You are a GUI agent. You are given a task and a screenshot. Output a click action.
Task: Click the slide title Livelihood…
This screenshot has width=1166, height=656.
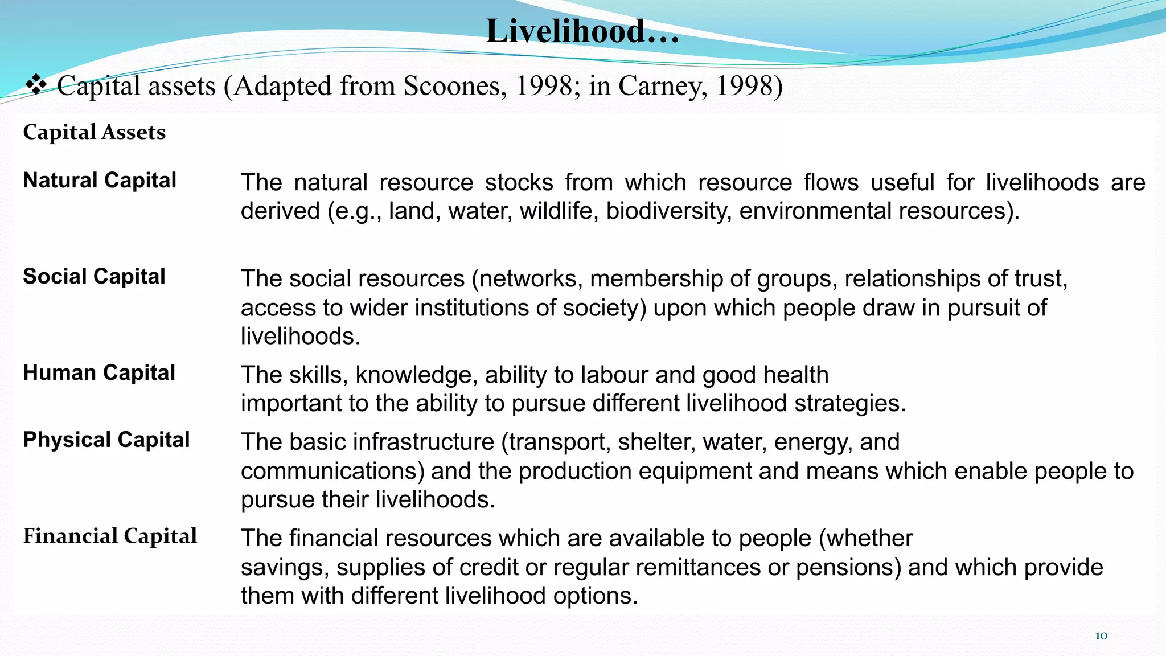(x=582, y=31)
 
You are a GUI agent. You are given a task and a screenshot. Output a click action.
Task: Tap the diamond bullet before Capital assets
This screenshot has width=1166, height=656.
(x=36, y=85)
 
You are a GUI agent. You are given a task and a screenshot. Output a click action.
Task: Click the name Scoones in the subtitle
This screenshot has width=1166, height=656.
(x=454, y=86)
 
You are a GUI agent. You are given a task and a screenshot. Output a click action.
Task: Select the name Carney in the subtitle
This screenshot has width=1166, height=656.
(x=662, y=86)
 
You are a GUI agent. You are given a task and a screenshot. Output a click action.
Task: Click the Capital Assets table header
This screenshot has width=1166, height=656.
(x=95, y=132)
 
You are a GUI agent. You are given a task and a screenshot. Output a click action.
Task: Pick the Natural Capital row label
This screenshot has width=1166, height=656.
(x=100, y=181)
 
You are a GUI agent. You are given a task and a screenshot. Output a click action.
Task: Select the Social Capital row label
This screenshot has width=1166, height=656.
(x=94, y=277)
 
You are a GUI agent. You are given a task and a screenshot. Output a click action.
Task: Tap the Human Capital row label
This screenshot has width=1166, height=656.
(x=99, y=373)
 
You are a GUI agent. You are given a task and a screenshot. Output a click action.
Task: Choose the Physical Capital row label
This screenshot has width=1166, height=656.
(x=106, y=440)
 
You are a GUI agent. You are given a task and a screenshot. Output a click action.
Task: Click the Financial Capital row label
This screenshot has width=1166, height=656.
(x=110, y=536)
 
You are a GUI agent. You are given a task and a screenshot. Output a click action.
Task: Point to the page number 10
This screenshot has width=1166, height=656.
(x=1101, y=636)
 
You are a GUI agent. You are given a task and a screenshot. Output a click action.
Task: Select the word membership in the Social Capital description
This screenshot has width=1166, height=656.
(x=656, y=279)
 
